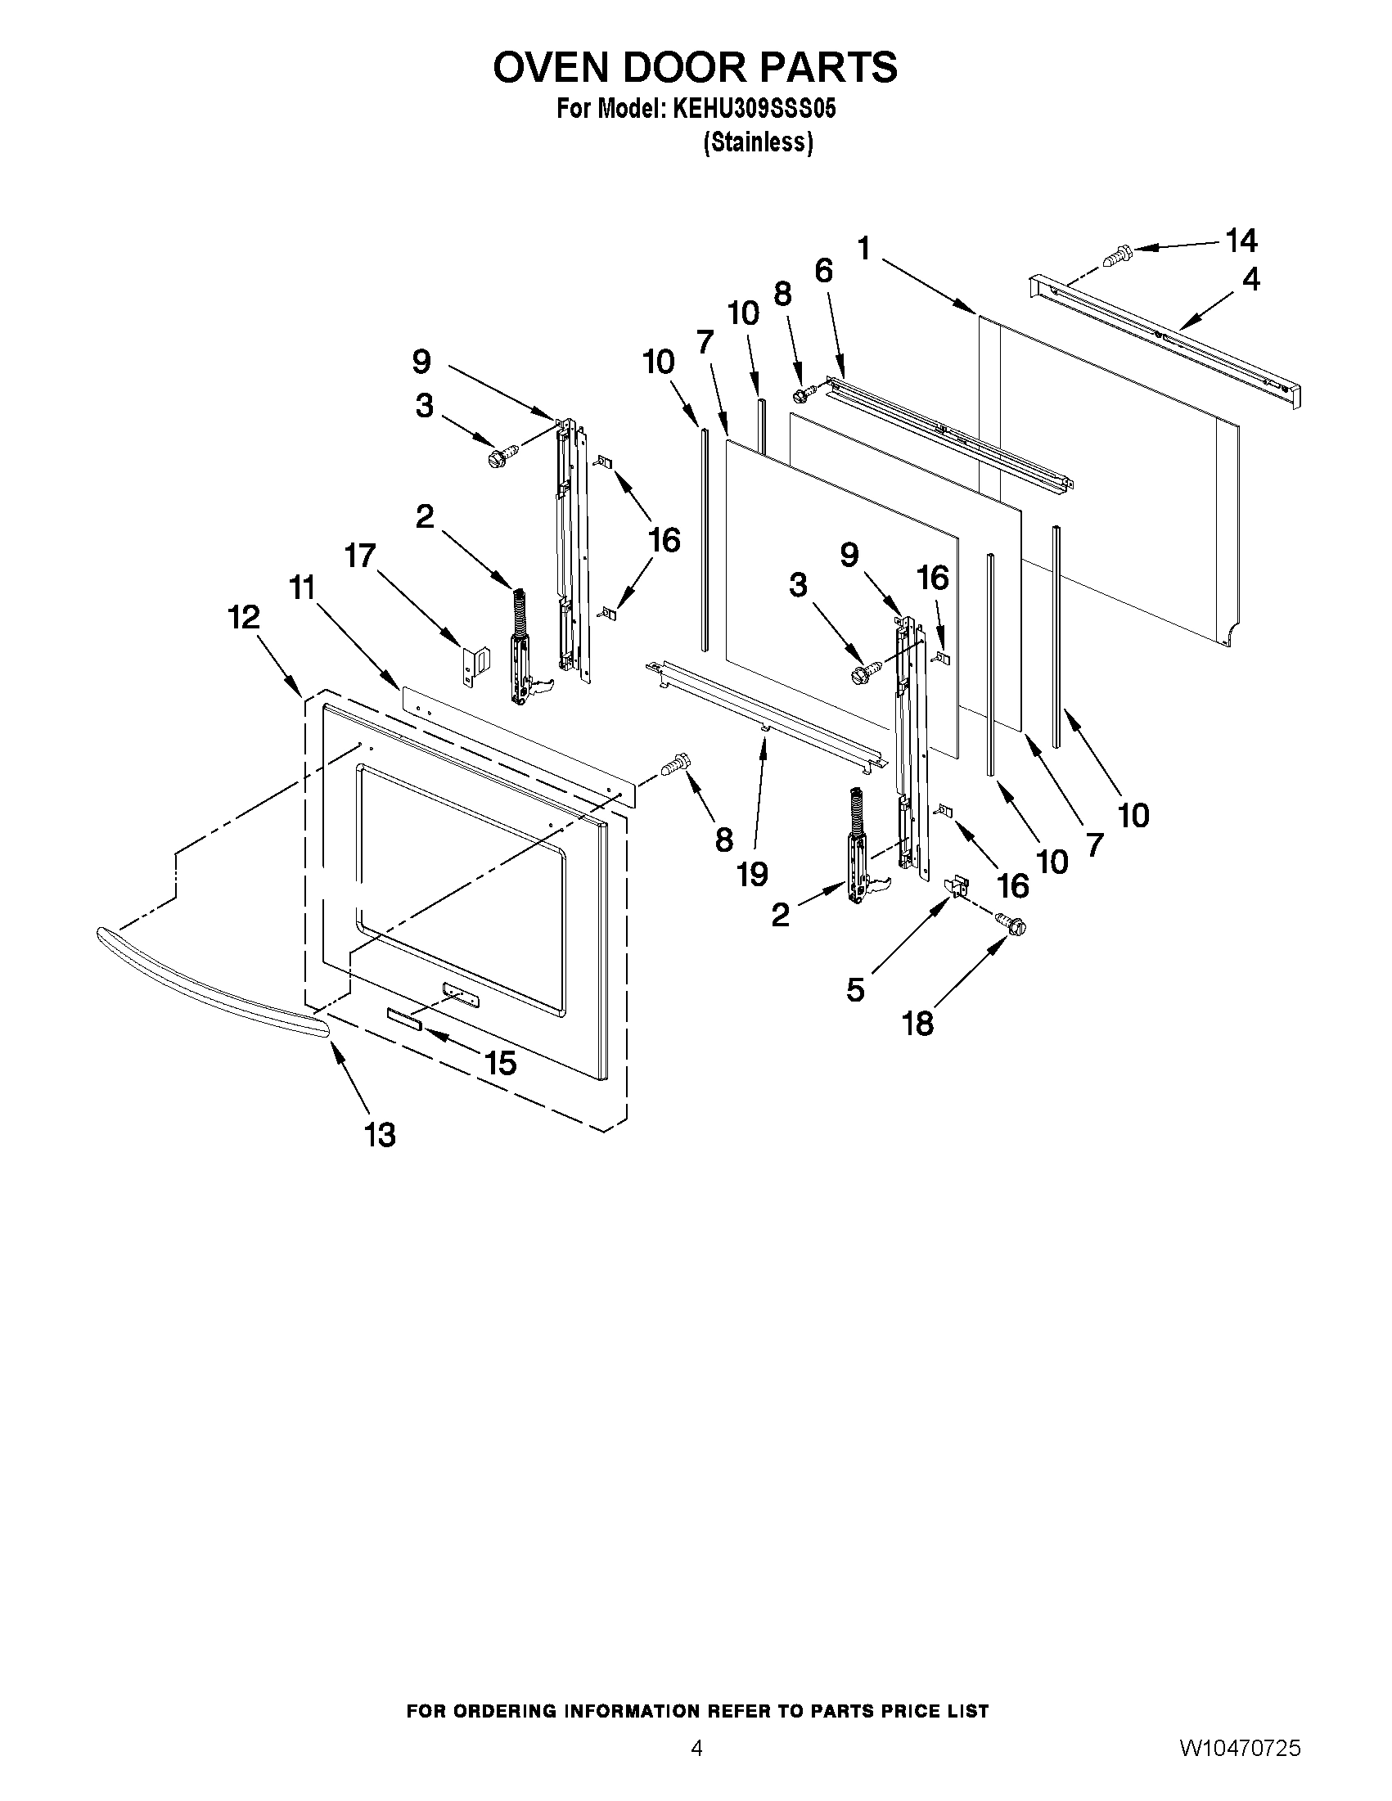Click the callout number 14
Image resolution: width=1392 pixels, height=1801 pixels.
tap(1241, 241)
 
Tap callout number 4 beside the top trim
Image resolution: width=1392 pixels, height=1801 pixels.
tap(1251, 280)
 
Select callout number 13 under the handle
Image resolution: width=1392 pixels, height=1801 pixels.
tap(381, 1136)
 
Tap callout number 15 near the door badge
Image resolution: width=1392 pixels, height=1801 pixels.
tap(500, 1064)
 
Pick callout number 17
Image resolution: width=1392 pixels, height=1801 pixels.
tap(360, 556)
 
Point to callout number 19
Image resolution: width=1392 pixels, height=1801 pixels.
tap(752, 874)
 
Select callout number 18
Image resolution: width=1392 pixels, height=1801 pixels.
tap(918, 1024)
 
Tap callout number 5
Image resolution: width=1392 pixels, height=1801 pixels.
tap(855, 989)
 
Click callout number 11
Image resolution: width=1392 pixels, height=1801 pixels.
tap(303, 588)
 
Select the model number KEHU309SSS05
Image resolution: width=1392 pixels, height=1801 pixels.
tap(755, 110)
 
